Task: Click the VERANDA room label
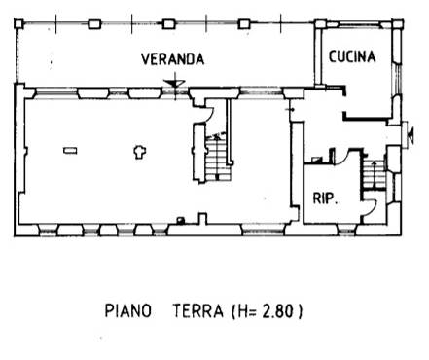173,59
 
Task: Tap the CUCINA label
352,56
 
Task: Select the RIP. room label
325,198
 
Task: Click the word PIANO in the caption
128,310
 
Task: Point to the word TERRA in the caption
198,310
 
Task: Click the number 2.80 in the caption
277,310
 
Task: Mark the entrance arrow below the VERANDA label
175,84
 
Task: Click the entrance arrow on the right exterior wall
411,135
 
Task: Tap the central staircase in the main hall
219,159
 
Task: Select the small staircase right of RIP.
374,175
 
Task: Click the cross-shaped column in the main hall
140,152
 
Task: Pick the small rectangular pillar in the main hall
70,151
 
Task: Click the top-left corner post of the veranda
18,23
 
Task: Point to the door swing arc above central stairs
210,113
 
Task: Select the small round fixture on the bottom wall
181,221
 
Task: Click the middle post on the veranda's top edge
168,24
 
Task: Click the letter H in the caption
241,310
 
